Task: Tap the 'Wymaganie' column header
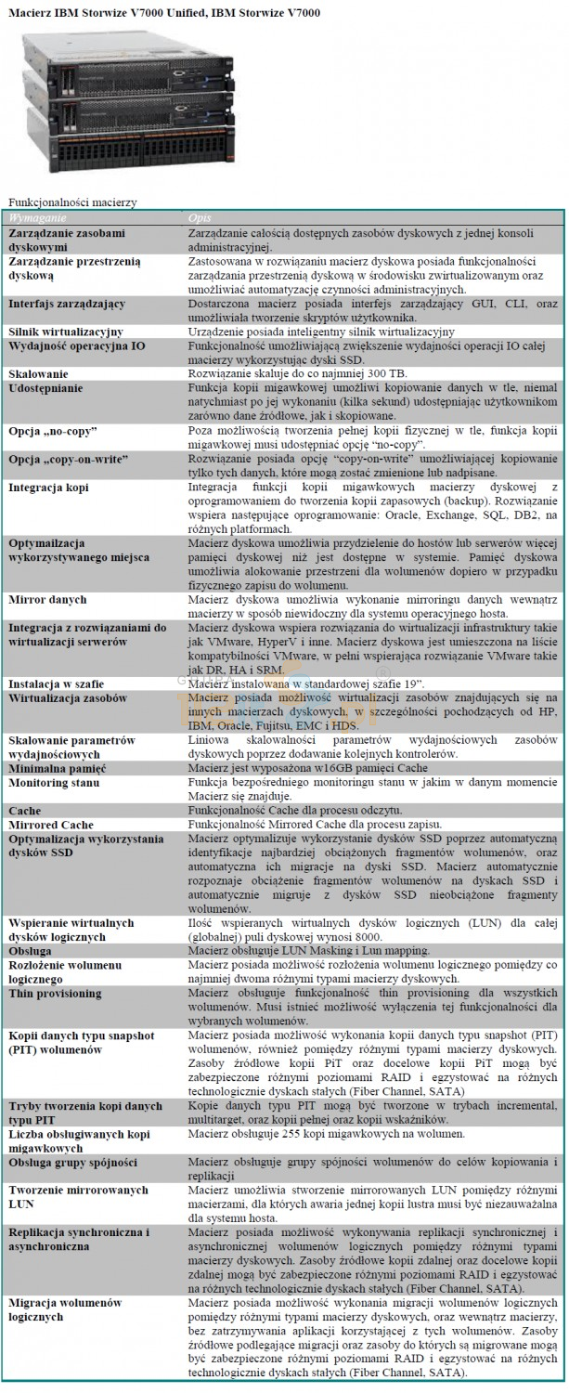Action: pyautogui.click(x=37, y=215)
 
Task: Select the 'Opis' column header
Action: pyautogui.click(x=200, y=215)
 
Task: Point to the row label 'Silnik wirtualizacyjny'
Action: pyautogui.click(x=66, y=331)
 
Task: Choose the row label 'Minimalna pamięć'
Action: pyautogui.click(x=57, y=770)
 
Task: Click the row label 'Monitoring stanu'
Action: pyautogui.click(x=54, y=784)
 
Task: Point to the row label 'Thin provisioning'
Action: pyautogui.click(x=56, y=993)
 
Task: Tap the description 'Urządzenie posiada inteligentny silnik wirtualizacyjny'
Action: pyautogui.click(x=321, y=331)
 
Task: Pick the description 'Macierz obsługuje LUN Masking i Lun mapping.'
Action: pyautogui.click(x=308, y=951)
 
